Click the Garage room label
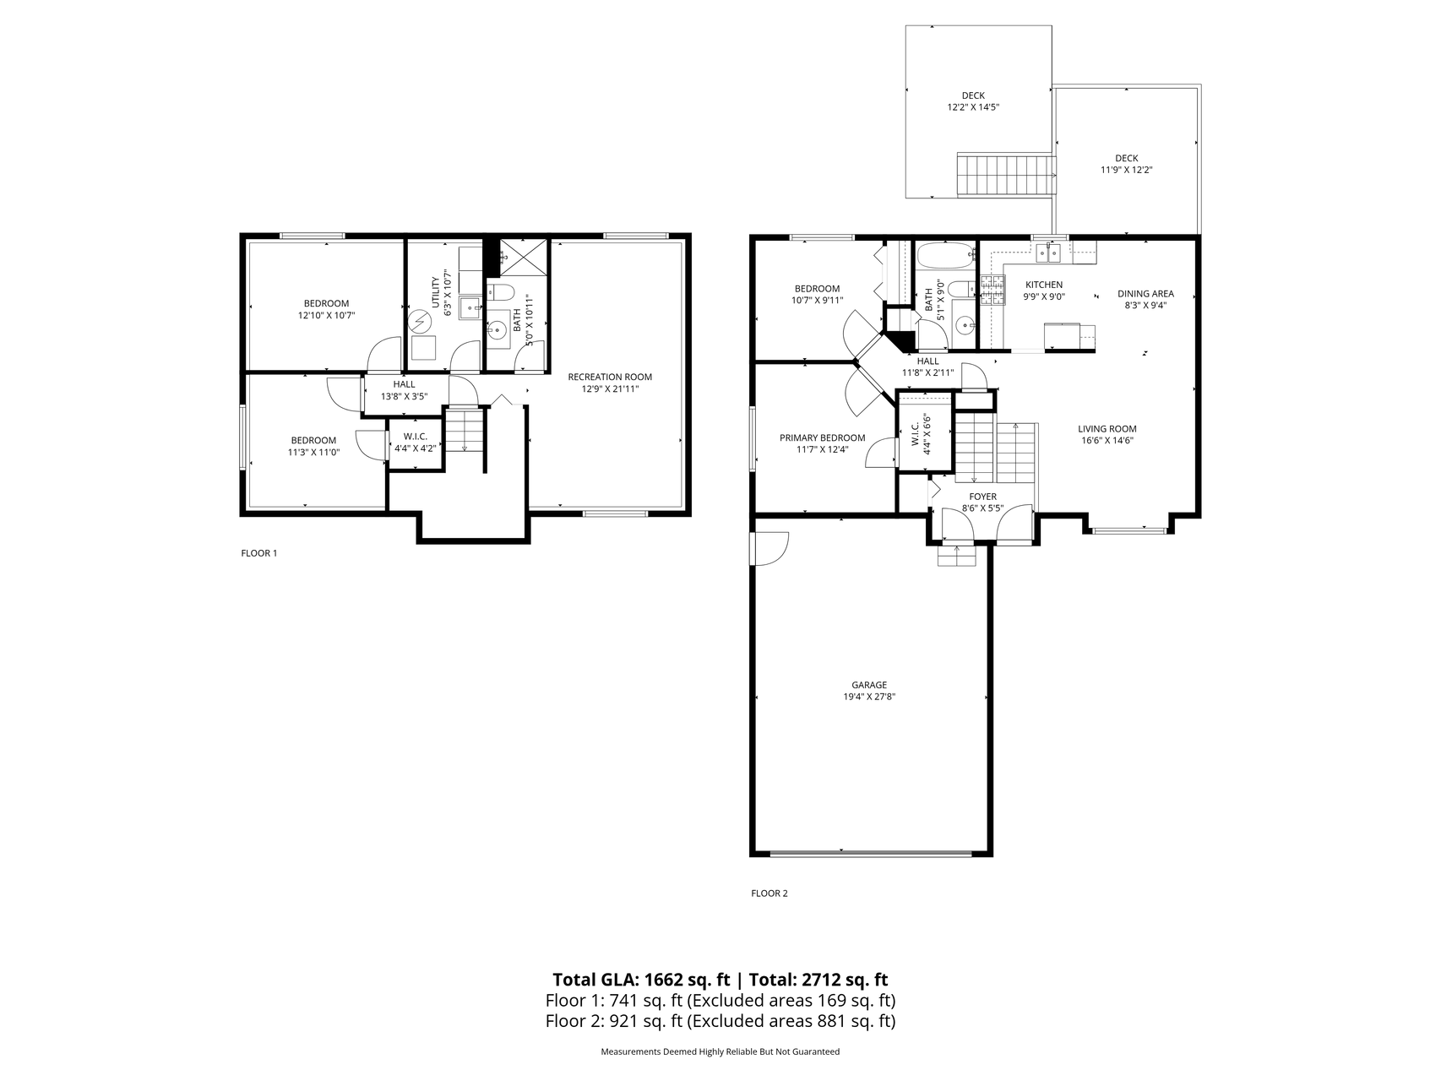click(869, 685)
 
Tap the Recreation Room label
click(610, 378)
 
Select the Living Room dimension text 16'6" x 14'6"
click(1107, 440)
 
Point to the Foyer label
click(982, 497)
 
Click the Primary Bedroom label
click(822, 437)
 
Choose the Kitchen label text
click(1044, 285)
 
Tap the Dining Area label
click(1145, 294)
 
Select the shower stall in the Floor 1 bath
click(524, 257)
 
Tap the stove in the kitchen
click(992, 291)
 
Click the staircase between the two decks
click(1007, 175)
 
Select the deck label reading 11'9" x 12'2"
click(1127, 170)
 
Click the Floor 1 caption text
click(259, 553)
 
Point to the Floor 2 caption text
click(769, 893)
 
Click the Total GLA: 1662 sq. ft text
click(641, 980)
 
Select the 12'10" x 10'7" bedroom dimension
click(326, 315)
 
